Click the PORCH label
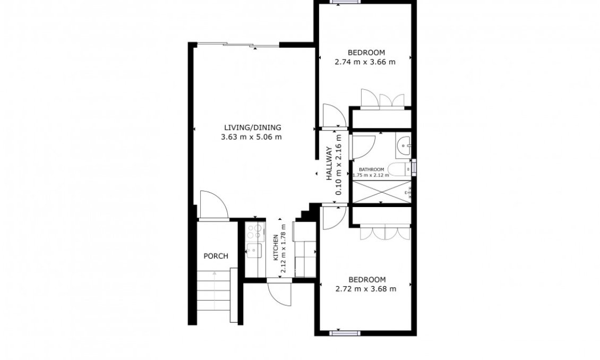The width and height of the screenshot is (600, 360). (216, 256)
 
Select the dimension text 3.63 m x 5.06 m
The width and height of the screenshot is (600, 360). (251, 137)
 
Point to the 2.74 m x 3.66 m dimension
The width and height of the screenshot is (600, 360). (365, 62)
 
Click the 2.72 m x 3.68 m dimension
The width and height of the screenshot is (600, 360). (366, 289)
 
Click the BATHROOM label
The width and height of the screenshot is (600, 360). (371, 169)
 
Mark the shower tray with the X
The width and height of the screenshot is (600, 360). (381, 192)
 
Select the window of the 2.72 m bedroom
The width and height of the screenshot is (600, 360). (345, 333)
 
